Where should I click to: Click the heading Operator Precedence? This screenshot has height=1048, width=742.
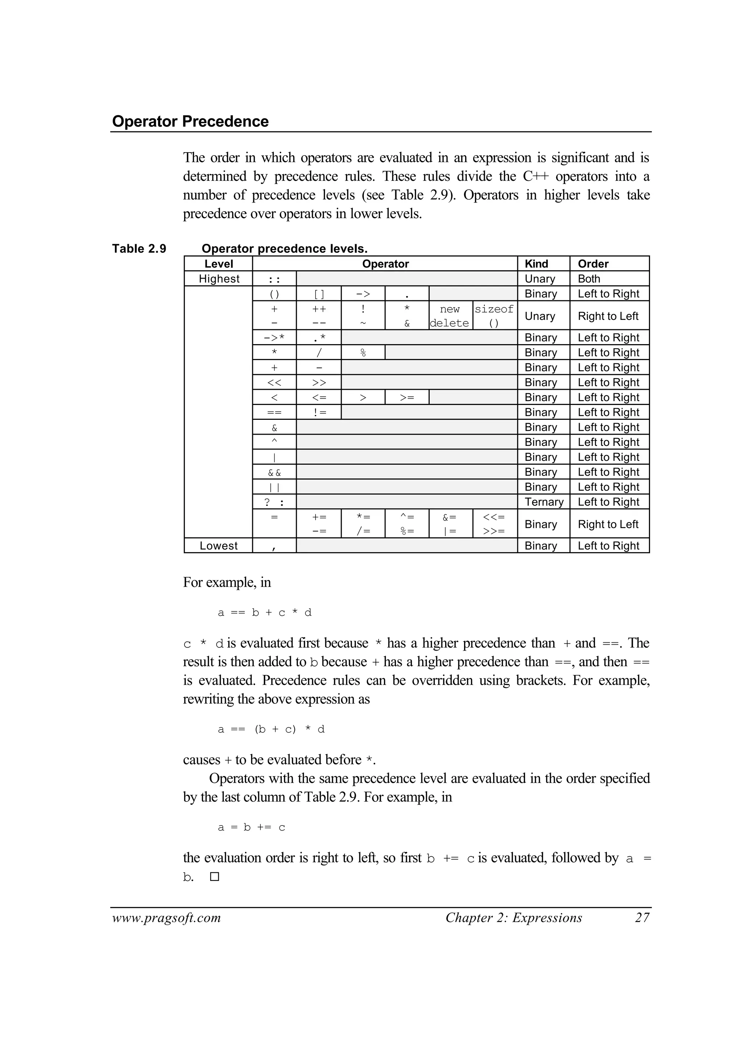(x=190, y=121)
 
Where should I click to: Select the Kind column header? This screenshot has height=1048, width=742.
(x=537, y=264)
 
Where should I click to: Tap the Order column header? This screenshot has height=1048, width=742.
(x=593, y=264)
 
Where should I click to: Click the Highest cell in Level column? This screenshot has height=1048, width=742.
(x=219, y=279)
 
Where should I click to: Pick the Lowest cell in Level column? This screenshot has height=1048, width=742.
(x=218, y=546)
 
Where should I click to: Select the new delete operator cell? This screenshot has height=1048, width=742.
(x=450, y=315)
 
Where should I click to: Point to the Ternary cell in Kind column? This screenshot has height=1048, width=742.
(x=544, y=502)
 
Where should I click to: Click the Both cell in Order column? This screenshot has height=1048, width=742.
(x=589, y=279)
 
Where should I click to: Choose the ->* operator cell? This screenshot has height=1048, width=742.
(x=274, y=338)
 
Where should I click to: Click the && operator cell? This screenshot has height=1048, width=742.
(x=274, y=472)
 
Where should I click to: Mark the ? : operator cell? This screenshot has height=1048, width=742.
(x=274, y=502)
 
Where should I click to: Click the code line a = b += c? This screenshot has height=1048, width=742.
(x=251, y=827)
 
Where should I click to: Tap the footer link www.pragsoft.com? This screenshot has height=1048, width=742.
(x=166, y=918)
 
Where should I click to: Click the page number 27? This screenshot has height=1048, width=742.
(x=642, y=918)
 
